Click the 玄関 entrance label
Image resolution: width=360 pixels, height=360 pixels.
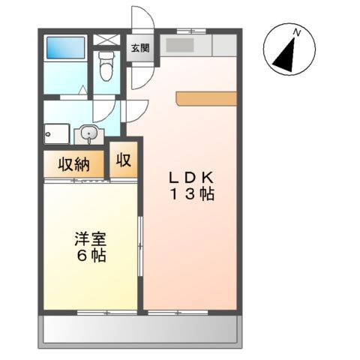pos(140,49)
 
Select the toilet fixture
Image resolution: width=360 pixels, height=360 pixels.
pos(106,67)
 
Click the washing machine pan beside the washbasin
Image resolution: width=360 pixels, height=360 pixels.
pos(59,135)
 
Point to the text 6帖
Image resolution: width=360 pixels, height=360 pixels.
pos(89,256)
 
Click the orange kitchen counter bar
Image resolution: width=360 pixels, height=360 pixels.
pos(206,98)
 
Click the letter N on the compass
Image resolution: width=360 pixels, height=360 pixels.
pos(298,32)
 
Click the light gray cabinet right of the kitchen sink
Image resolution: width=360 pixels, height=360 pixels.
pos(224,46)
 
